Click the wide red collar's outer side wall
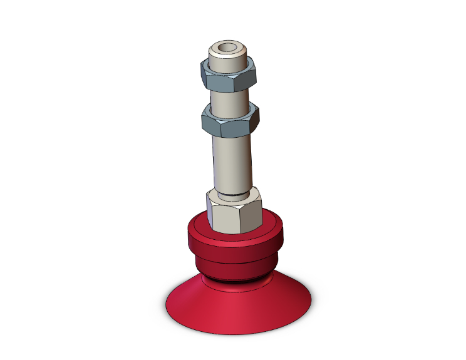click(x=232, y=247)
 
